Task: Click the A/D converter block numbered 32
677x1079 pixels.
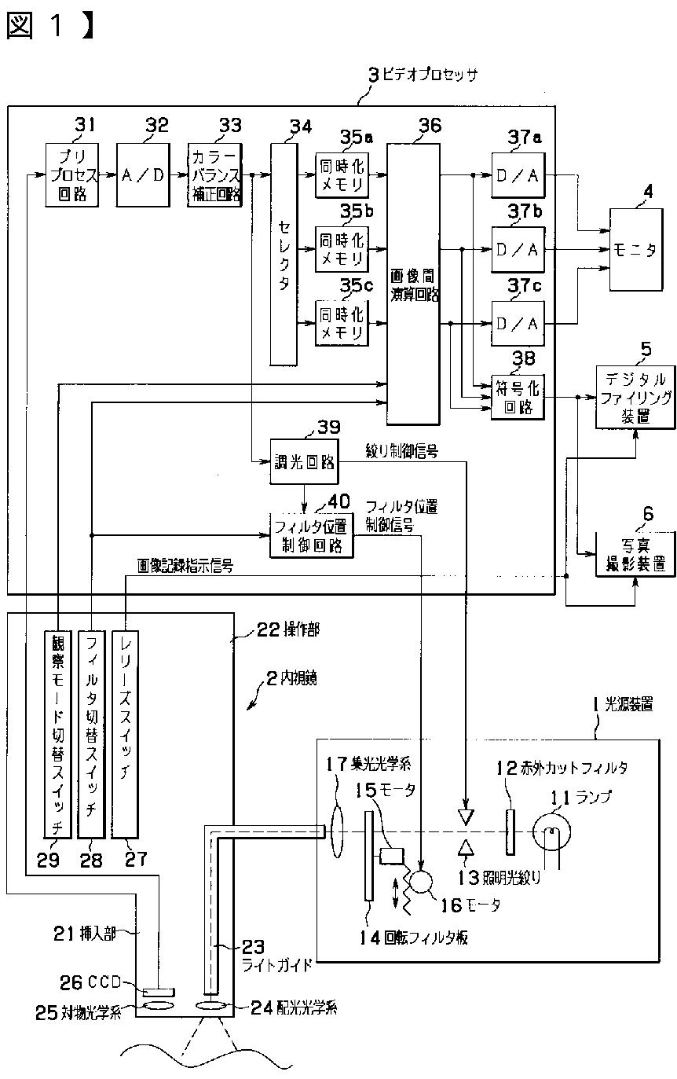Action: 144,174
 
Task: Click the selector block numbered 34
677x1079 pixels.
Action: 283,253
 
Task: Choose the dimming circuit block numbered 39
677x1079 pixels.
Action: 303,461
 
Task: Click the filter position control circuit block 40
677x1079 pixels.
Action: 312,534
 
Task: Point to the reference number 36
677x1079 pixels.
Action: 430,126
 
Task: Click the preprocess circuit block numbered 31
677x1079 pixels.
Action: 72,174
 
